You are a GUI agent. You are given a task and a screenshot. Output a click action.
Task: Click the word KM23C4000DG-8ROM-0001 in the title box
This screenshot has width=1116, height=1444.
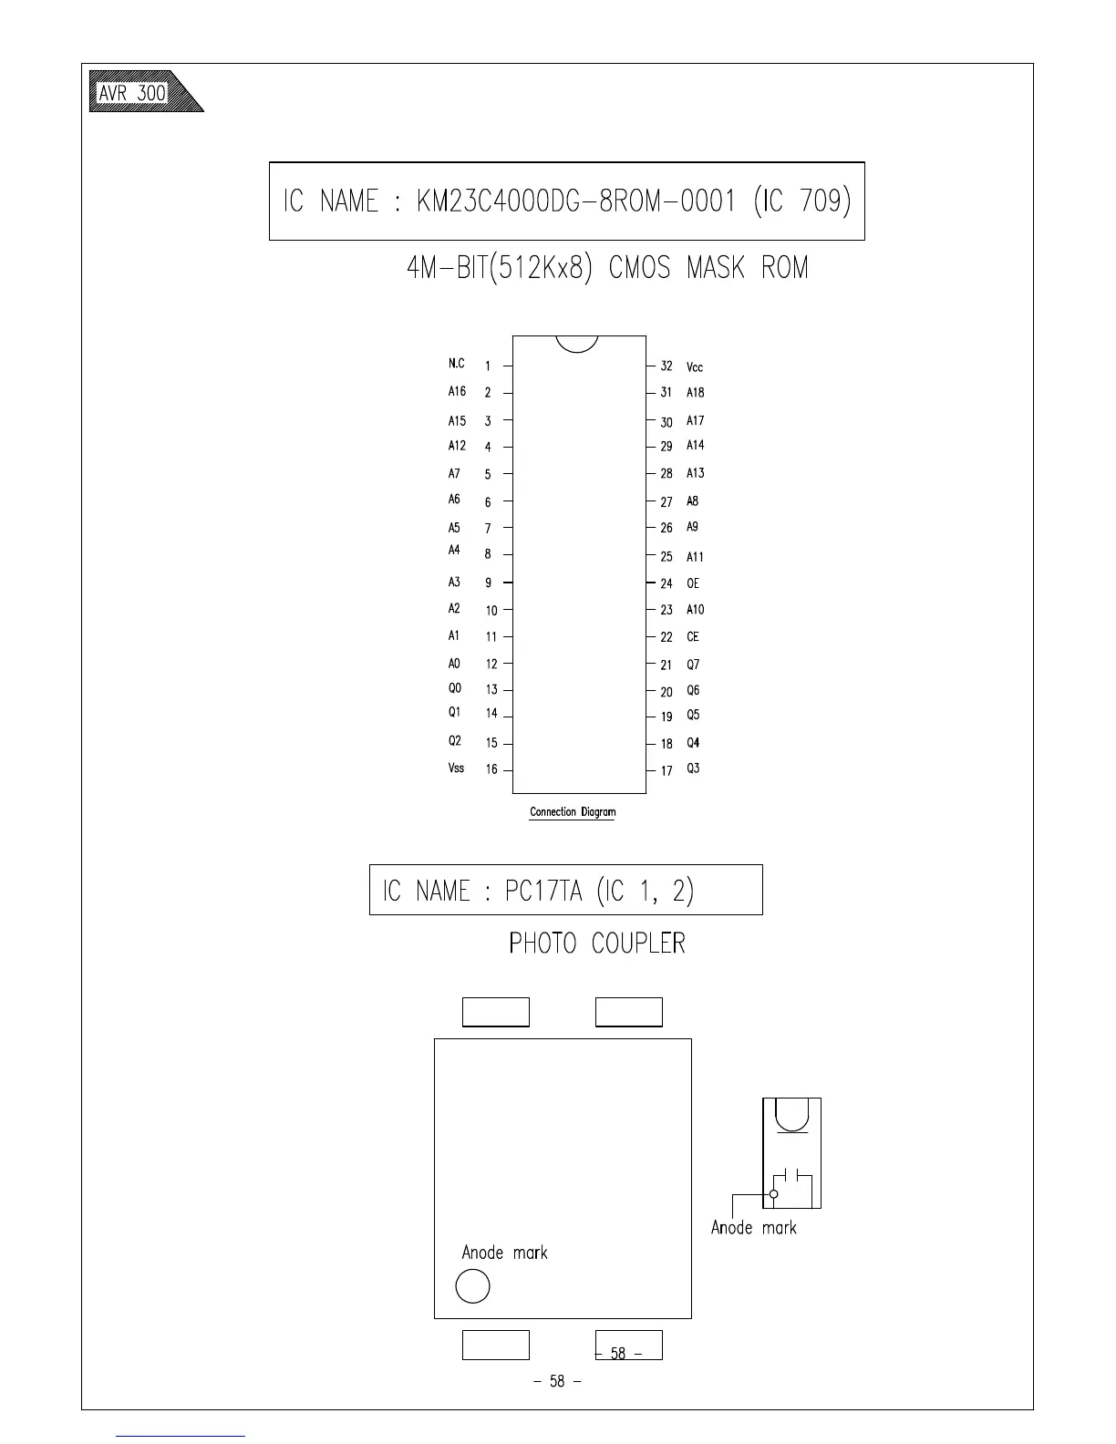575,201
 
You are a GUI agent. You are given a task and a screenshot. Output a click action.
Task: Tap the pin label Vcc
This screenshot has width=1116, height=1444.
695,367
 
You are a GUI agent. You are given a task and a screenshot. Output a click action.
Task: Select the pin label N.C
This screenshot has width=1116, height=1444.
456,364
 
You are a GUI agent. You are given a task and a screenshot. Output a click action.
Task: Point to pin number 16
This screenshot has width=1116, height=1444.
491,769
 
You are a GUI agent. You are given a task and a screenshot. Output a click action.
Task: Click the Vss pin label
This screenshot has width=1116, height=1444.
456,768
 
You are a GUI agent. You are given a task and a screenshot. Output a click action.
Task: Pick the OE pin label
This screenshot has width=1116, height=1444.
693,583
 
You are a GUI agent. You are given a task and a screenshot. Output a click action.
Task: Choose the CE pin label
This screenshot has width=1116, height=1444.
693,637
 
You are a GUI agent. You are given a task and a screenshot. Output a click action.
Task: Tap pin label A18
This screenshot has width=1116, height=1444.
696,393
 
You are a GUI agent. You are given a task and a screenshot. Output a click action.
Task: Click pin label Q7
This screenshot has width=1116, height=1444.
693,665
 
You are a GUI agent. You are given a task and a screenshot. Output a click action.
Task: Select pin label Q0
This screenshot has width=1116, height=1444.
455,688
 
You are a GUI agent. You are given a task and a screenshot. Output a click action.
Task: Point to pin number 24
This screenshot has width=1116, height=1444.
666,583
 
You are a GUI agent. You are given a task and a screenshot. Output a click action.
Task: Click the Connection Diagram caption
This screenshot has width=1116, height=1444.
573,811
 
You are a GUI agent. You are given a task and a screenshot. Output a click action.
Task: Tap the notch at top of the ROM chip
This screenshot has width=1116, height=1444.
576,344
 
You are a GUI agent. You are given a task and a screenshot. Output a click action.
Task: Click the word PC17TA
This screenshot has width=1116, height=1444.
543,891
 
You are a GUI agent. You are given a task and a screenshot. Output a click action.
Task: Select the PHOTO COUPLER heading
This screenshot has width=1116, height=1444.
597,944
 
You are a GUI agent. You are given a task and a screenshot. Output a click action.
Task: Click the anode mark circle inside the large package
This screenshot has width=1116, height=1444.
472,1286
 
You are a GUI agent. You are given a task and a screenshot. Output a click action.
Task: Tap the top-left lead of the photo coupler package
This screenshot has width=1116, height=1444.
496,1012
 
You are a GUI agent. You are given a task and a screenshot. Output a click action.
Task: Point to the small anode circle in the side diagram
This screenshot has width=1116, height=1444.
774,1193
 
